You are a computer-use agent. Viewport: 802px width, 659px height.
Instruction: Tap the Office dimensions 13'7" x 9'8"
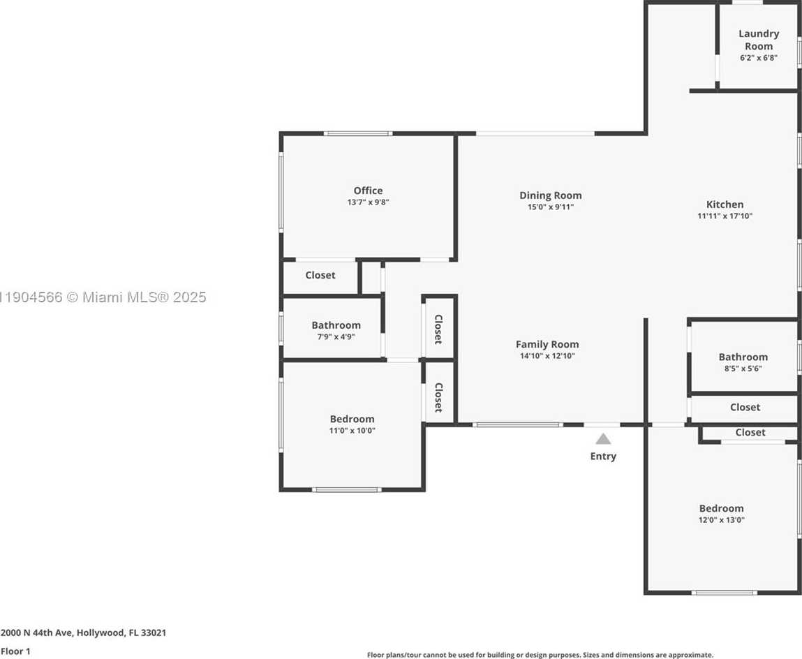(x=368, y=202)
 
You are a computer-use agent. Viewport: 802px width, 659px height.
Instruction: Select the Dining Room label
(x=550, y=195)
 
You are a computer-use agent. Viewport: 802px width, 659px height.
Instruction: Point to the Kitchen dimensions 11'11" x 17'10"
(x=725, y=216)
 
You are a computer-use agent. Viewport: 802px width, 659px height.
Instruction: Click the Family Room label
(x=547, y=344)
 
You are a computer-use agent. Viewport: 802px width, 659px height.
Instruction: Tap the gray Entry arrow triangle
(x=603, y=439)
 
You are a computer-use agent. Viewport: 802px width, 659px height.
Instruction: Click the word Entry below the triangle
(x=603, y=457)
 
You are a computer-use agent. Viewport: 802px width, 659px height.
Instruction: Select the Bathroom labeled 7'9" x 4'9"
(x=336, y=325)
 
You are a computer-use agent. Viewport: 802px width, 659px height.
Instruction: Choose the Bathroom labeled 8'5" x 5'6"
(x=743, y=357)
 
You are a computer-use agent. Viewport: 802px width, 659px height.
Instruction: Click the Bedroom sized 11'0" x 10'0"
(x=352, y=420)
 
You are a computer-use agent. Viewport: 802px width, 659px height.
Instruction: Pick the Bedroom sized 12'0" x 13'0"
(x=721, y=509)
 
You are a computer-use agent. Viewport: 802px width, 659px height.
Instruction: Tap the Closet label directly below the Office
(x=320, y=276)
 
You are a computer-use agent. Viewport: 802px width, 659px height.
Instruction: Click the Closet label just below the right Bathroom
(x=745, y=408)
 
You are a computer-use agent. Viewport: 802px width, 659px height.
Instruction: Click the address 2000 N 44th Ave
(x=83, y=633)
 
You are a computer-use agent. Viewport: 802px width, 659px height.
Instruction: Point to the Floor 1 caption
(x=16, y=651)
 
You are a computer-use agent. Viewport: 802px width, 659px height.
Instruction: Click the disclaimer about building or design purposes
(x=540, y=655)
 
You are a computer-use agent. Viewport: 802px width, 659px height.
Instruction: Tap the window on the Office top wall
(x=357, y=133)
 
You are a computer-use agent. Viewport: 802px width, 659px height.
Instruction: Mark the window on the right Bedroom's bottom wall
(x=724, y=593)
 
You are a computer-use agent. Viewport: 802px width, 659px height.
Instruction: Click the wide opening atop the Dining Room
(x=535, y=133)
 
